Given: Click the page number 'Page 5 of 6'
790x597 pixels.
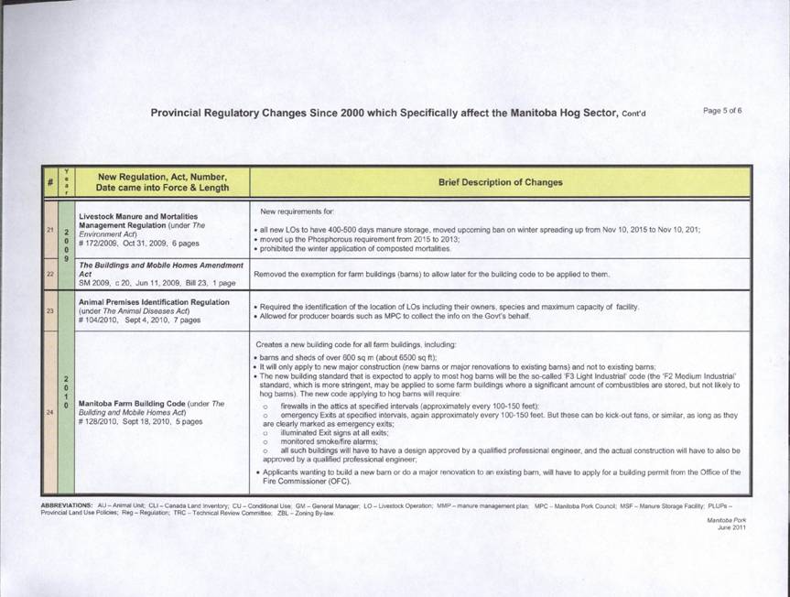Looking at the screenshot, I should click(722, 111).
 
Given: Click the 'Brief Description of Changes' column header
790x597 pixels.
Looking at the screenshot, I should click(500, 181).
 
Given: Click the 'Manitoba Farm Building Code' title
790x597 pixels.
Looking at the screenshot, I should click(133, 403).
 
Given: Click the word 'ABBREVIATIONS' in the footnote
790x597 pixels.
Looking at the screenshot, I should click(66, 505).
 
